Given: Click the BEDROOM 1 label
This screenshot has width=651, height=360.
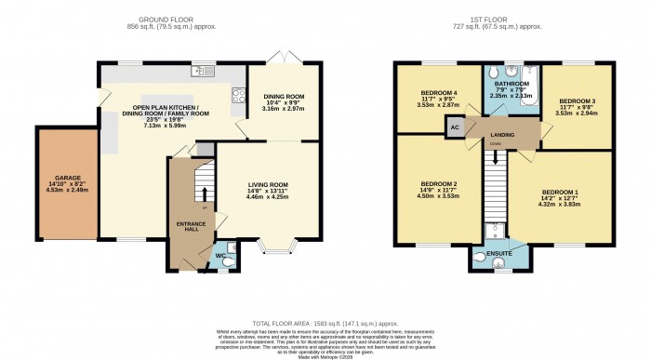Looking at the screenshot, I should point(560,190).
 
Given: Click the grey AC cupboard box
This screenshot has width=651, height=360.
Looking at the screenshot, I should point(454,130).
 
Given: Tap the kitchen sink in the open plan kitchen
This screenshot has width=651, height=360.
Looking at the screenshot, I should point(202,71).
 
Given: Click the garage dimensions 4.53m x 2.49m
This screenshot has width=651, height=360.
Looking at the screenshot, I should point(65,189).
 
